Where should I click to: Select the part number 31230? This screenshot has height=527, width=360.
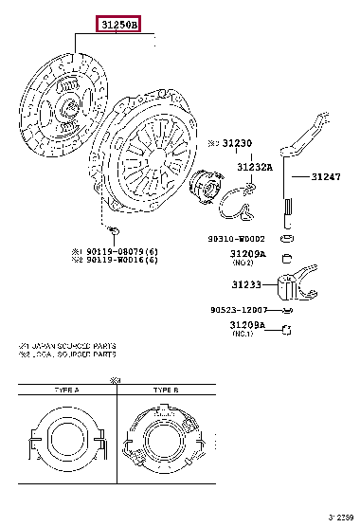(x=239, y=143)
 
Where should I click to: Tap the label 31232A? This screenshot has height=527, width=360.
(x=254, y=167)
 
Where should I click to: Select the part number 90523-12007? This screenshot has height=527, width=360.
(x=239, y=310)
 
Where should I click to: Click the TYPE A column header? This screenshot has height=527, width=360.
(x=66, y=390)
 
